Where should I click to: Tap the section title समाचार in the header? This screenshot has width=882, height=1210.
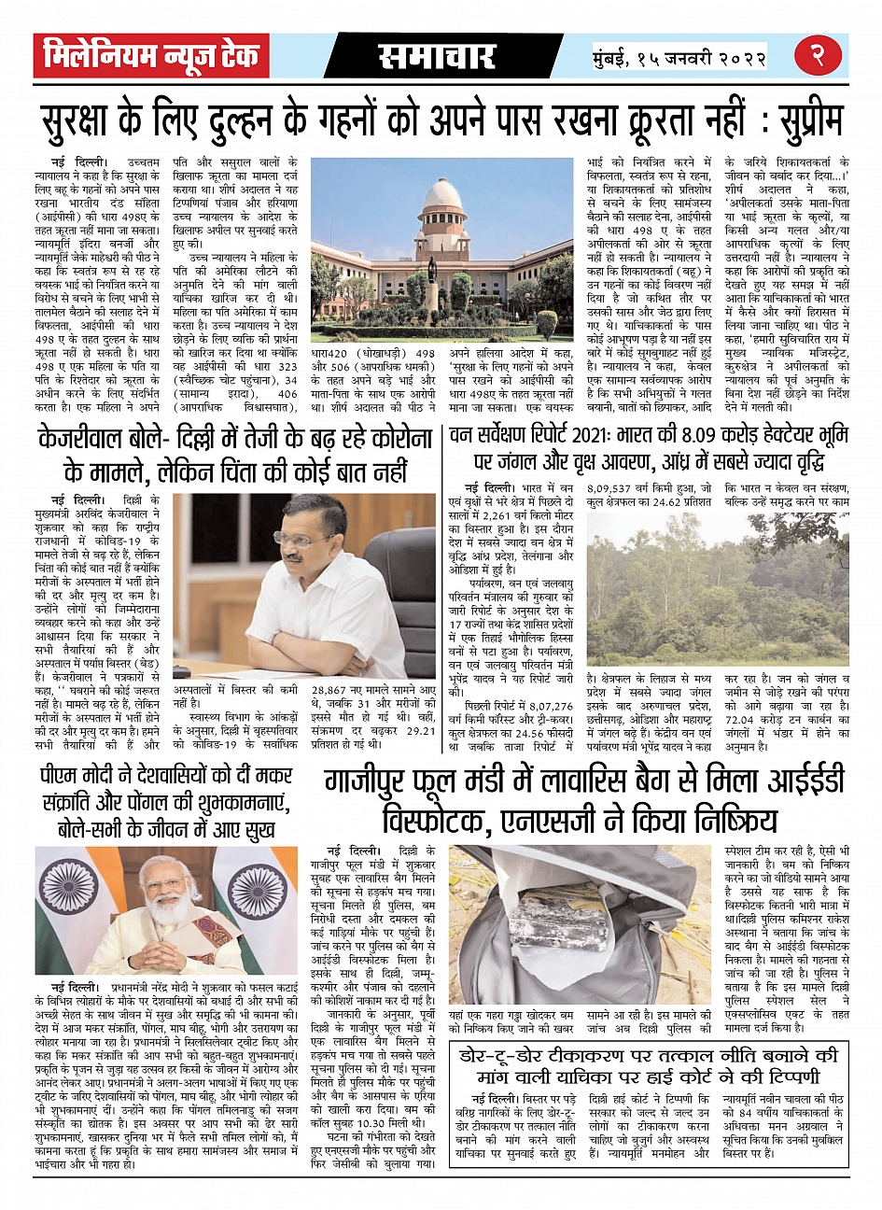tap(437, 57)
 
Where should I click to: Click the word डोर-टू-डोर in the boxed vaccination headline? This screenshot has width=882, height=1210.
tap(522, 1057)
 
